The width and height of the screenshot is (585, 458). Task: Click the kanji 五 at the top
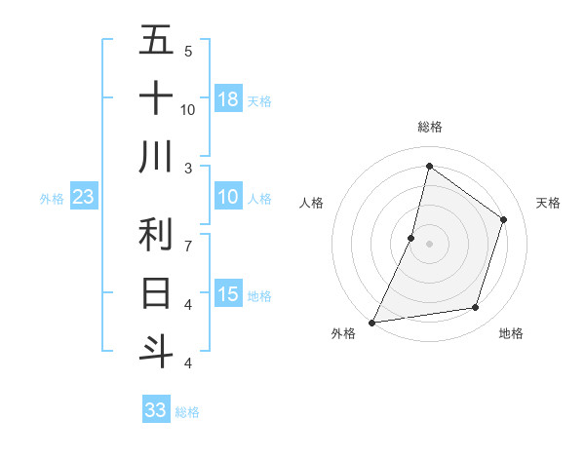[x=157, y=41]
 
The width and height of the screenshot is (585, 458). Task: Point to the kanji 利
[x=157, y=235]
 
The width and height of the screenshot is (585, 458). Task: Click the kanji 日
[x=157, y=292]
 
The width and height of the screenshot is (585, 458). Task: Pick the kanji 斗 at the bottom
[x=157, y=350]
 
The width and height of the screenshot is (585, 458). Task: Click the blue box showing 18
[x=228, y=99]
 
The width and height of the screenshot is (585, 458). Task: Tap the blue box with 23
[x=83, y=197]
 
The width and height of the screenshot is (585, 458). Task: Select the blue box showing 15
[x=228, y=294]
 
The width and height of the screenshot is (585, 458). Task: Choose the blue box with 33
[x=156, y=410]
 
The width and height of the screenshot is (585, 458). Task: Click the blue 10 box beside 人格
[x=228, y=197]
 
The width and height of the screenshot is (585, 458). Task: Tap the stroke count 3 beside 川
[x=188, y=168]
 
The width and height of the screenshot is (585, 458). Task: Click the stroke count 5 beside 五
[x=188, y=51]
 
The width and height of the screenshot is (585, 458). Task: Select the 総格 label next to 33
[x=187, y=412]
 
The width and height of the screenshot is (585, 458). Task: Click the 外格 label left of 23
[x=52, y=199]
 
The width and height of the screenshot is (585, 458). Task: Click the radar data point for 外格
[x=372, y=322]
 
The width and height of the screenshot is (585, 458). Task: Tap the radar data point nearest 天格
[x=504, y=219]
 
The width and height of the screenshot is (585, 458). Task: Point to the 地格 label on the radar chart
[x=511, y=334]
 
